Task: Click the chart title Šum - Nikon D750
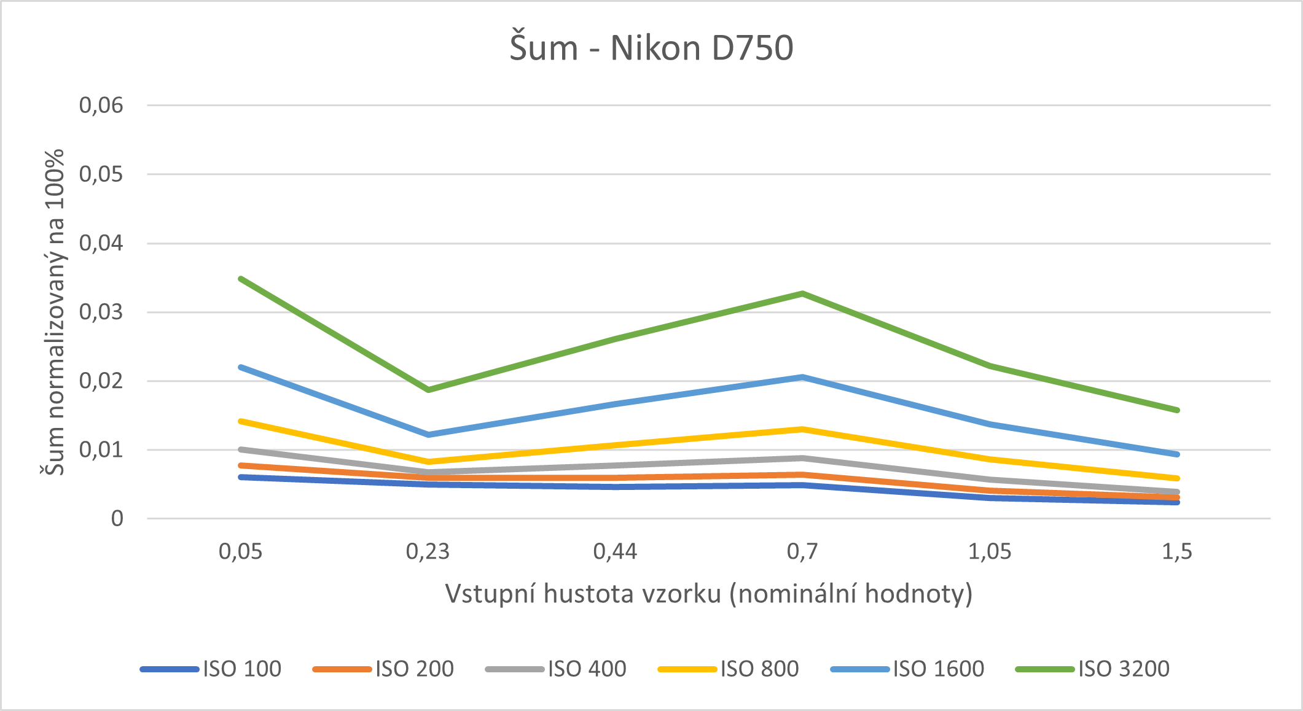pyautogui.click(x=651, y=48)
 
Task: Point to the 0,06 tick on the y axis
pyautogui.click(x=101, y=106)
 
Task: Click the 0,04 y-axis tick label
pyautogui.click(x=101, y=243)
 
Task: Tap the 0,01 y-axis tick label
pyautogui.click(x=101, y=450)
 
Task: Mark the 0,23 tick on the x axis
pyautogui.click(x=428, y=551)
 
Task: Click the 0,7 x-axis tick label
pyautogui.click(x=802, y=551)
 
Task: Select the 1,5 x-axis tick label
pyautogui.click(x=1176, y=551)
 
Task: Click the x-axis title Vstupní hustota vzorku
pyautogui.click(x=708, y=594)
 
